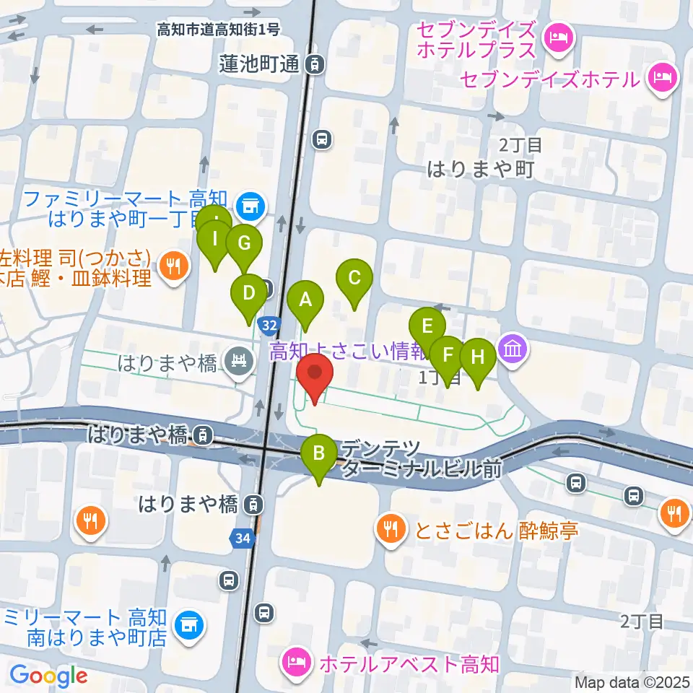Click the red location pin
315,376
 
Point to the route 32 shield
269,326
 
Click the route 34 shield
243,538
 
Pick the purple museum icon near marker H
514,350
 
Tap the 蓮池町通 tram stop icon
315,65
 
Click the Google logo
48,676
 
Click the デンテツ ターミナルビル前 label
422,458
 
